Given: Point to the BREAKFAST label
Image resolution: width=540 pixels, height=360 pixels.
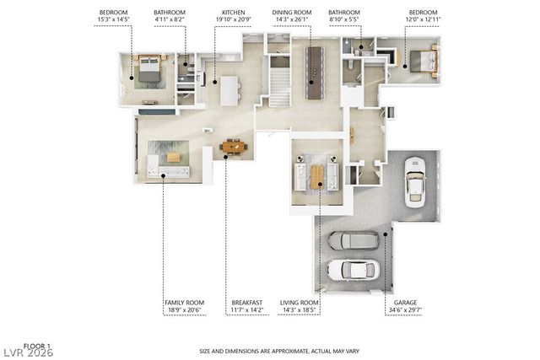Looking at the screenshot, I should point(247,302).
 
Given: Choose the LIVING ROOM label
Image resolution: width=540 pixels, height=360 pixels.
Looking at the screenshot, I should point(300,302).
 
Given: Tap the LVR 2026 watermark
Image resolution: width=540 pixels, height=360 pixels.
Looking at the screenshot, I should point(29,353).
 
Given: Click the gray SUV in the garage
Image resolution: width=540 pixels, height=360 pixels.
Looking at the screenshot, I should point(352,240).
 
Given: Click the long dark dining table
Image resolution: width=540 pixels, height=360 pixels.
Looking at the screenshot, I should point(314,73).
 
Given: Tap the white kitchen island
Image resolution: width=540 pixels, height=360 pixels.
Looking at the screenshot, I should point(230,90).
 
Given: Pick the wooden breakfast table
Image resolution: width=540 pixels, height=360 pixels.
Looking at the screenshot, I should point(234,147).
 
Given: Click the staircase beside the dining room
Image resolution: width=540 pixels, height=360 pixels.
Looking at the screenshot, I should point(278,84).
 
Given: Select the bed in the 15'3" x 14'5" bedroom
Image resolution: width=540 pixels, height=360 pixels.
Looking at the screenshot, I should point(148,69).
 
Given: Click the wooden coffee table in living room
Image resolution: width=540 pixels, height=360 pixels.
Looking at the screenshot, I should point(316,176).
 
